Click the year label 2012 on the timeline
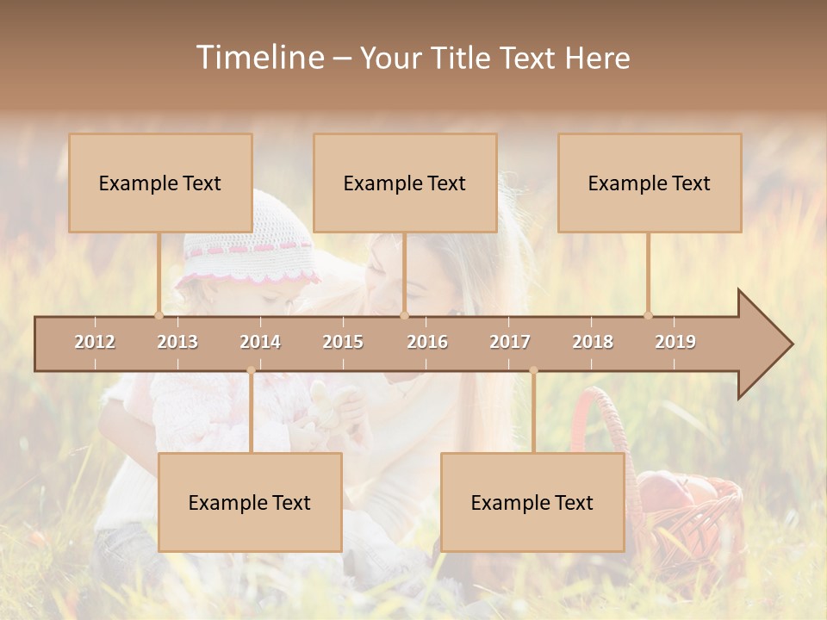coord(95,342)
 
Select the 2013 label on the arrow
coord(177,342)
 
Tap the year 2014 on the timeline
coord(260,342)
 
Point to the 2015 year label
coord(343,342)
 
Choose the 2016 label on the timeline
coord(427,342)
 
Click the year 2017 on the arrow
coord(510,342)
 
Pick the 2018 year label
coord(593,342)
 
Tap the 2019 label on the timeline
coord(675,342)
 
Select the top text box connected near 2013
coord(160,183)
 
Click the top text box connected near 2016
coord(405,183)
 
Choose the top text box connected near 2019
coord(650,183)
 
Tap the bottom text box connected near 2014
coord(250,502)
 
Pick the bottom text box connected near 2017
coord(532,502)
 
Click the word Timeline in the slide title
coord(258,58)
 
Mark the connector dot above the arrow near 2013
coord(159,315)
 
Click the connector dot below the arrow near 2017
coord(533,371)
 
